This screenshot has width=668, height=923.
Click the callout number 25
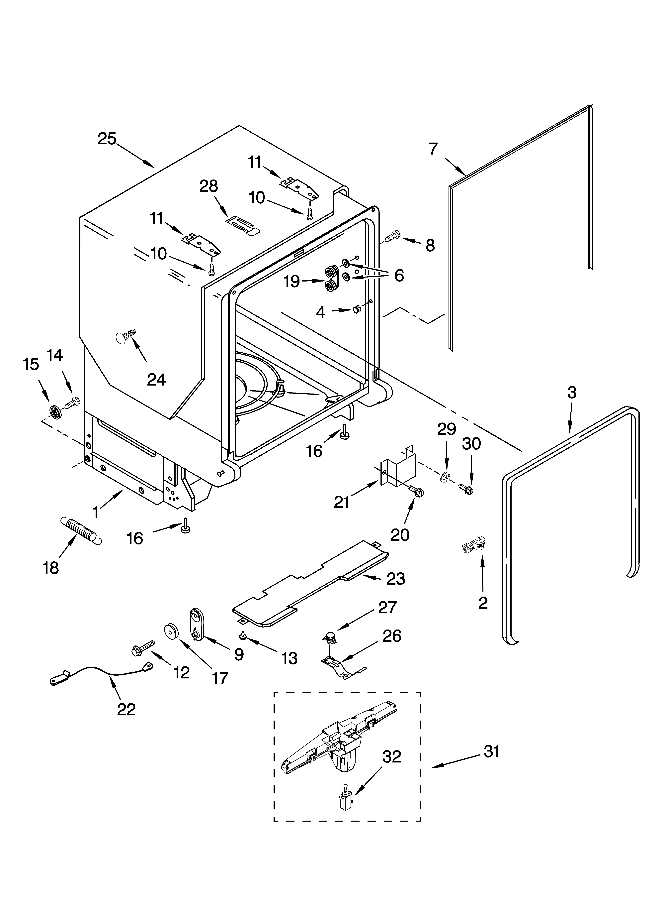coord(107,139)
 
